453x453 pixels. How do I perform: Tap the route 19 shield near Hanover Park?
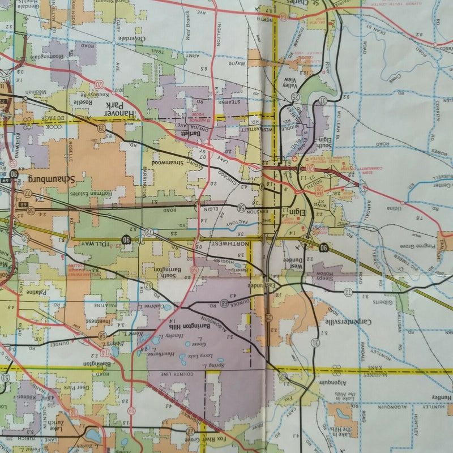pos(101,129)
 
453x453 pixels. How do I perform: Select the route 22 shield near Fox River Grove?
pos(189,431)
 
